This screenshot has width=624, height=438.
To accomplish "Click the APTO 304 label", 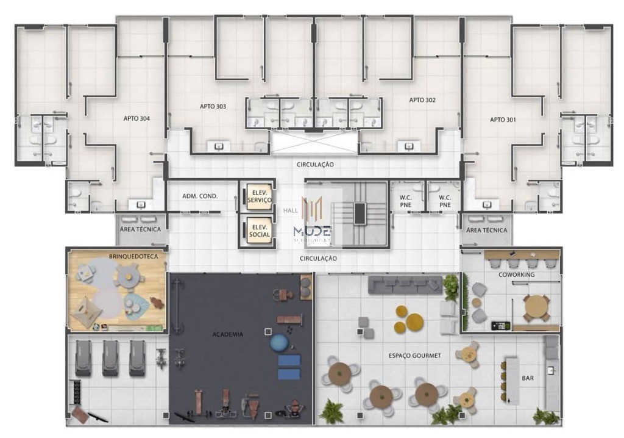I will (x=136, y=118).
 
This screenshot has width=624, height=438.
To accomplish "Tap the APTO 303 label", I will (x=213, y=106).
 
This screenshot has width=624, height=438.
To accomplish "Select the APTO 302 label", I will (x=422, y=99).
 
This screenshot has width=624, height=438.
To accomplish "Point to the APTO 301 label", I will (x=503, y=120).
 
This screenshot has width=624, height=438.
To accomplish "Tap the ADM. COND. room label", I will (x=200, y=196).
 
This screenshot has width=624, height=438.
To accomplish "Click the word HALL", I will (x=290, y=210).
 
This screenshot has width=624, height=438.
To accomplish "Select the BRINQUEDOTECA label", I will (x=133, y=257).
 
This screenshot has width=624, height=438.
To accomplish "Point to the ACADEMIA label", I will (x=227, y=334).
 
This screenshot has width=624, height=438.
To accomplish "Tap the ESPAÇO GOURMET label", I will (x=414, y=355).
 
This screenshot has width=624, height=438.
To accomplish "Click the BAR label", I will (x=528, y=378).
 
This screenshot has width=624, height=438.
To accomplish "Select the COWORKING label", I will (x=516, y=275).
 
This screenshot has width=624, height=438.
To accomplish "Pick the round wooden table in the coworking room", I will (x=536, y=306).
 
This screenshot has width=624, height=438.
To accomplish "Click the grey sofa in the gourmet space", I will (x=405, y=284).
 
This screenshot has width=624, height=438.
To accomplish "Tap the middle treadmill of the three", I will (x=110, y=357).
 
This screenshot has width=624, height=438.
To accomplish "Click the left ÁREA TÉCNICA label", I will (x=141, y=230).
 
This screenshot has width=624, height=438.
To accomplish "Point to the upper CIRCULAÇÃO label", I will (x=315, y=165).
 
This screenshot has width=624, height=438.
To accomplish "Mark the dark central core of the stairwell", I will (x=360, y=214).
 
